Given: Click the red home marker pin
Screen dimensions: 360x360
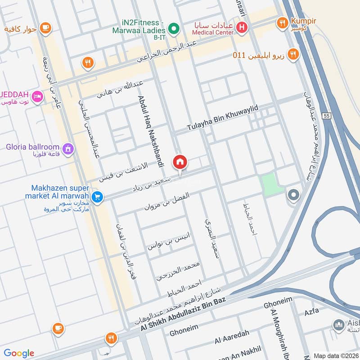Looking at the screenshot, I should [180, 162].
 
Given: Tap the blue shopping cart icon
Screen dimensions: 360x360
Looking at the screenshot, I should [97, 197].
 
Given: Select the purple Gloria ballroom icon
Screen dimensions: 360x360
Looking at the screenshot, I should [68, 148].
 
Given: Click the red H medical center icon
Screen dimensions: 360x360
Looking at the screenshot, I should [242, 27].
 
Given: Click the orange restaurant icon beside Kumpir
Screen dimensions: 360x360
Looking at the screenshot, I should [283, 22].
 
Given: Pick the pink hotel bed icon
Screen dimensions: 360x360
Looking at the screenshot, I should [38, 96].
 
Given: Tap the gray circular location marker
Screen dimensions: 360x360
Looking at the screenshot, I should [293, 195].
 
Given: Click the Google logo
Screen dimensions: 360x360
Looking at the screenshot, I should [19, 353].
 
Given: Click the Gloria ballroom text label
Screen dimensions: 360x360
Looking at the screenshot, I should [33, 147].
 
